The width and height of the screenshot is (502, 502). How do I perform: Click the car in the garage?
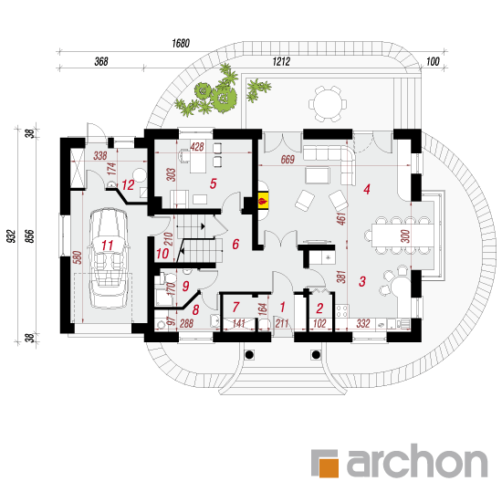pyautogui.click(x=109, y=258)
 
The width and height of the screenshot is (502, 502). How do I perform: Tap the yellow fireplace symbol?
pyautogui.click(x=263, y=201)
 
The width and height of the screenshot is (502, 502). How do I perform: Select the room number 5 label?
pyautogui.click(x=214, y=183)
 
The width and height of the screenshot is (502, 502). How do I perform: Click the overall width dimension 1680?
pyautogui.click(x=181, y=43)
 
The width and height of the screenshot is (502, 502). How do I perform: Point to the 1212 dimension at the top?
pyautogui.click(x=281, y=61)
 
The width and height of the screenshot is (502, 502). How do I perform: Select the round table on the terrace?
pyautogui.click(x=328, y=104)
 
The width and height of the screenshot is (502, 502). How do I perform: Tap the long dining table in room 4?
pyautogui.click(x=403, y=235)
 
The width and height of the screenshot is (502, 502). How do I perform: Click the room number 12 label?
pyautogui.click(x=128, y=185)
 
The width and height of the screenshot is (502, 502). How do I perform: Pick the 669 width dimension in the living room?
pyautogui.click(x=288, y=160)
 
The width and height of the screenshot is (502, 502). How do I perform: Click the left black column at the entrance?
pyautogui.click(x=249, y=354)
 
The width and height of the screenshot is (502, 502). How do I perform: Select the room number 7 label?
pyautogui.click(x=236, y=307)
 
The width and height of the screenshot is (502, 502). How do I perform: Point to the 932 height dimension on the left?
pyautogui.click(x=11, y=236)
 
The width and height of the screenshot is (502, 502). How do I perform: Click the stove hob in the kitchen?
pyautogui.click(x=342, y=310)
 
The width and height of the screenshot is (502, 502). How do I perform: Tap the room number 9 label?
pyautogui.click(x=185, y=286)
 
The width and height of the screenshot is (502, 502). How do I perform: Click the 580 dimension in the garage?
pyautogui.click(x=78, y=257)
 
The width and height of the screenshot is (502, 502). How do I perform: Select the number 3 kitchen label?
pyautogui.click(x=362, y=281)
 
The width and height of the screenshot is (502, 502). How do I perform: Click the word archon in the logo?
pyautogui.click(x=417, y=461)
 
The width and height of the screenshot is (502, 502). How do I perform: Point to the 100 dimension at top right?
pyautogui.click(x=433, y=61)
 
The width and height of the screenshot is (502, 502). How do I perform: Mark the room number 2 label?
pyautogui.click(x=319, y=309)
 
